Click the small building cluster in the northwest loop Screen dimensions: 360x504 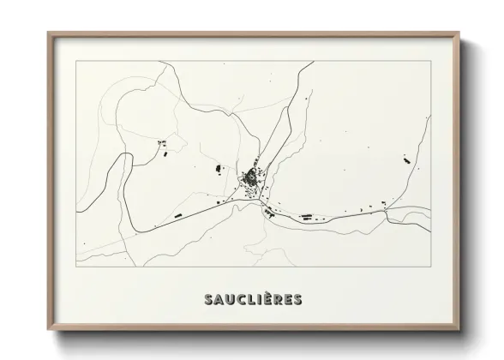160,143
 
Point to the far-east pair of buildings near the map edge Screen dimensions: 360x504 403,158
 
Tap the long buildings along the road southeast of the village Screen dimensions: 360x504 304,215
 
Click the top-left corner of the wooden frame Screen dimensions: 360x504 49,33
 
